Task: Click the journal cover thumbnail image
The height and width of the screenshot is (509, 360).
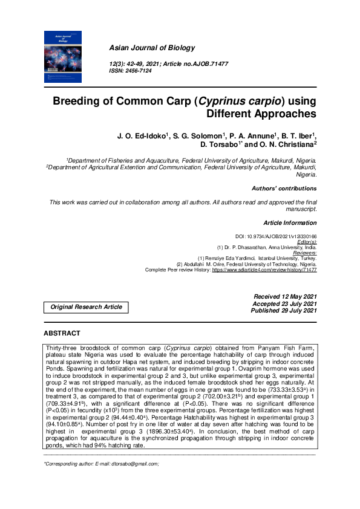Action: (64, 57)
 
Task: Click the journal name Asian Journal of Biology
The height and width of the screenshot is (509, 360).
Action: (144, 48)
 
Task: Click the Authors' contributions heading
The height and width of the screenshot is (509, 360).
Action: (284, 189)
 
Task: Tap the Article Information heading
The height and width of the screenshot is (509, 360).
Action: (290, 222)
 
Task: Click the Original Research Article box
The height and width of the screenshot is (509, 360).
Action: (87, 307)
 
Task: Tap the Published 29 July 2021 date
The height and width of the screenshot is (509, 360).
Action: (284, 310)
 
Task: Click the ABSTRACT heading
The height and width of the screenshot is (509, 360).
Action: (62, 333)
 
